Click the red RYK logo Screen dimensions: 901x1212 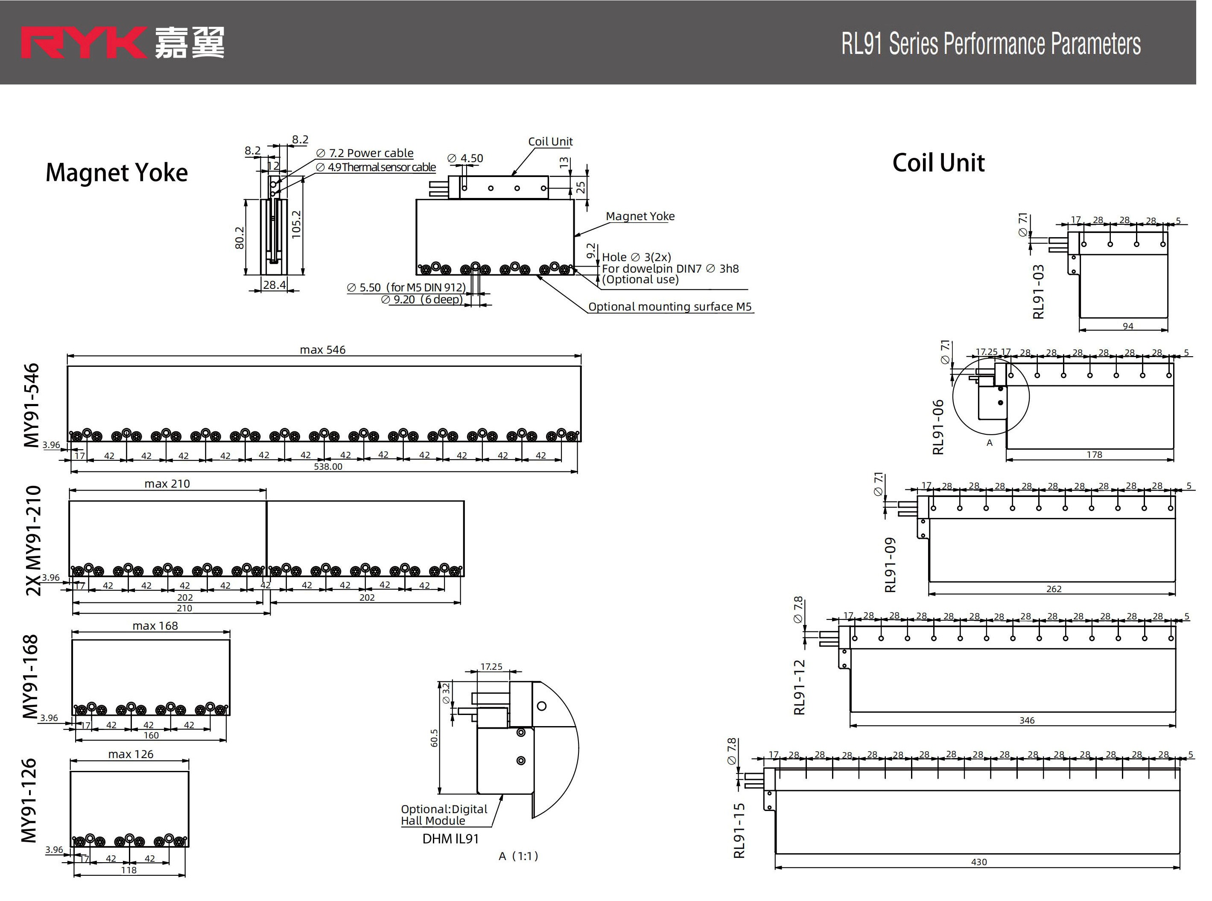[x=83, y=43]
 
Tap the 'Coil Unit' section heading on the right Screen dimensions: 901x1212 [x=938, y=163]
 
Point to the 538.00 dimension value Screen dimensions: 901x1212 [x=328, y=467]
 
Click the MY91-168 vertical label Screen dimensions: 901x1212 [x=31, y=676]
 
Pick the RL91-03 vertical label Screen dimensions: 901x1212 [x=1039, y=292]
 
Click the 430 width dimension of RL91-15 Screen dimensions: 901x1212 [x=979, y=862]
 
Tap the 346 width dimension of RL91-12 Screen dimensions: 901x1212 [x=1027, y=721]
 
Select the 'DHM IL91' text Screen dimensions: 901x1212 [x=450, y=839]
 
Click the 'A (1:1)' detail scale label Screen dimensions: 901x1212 [x=518, y=856]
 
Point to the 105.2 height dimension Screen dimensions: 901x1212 [x=296, y=224]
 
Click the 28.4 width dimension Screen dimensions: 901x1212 [x=274, y=285]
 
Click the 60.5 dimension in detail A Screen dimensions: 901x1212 [x=434, y=738]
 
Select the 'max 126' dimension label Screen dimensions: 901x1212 [x=131, y=754]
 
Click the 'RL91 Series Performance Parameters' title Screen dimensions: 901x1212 [x=990, y=44]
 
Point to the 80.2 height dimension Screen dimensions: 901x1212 [x=239, y=238]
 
